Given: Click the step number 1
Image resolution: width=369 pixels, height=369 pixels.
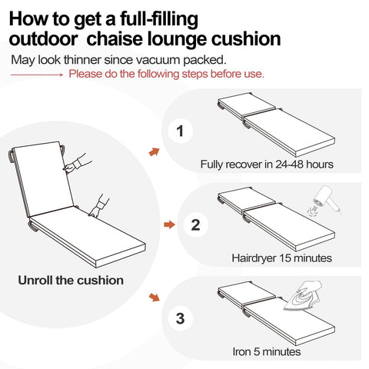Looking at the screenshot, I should pos(180,132).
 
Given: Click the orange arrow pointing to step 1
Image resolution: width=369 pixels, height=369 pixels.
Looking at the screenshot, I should pos(154,152).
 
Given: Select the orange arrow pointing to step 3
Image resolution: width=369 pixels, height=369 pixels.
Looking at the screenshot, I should pos(155,297).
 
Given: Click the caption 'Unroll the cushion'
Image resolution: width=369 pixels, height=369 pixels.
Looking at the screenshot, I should pos(71,280).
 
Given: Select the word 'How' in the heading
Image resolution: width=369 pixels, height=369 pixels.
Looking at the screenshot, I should pos(33,17).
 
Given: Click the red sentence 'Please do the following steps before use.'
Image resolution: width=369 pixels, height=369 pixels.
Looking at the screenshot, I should pos(167,75).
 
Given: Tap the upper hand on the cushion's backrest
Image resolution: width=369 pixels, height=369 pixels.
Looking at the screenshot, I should pos(75,164).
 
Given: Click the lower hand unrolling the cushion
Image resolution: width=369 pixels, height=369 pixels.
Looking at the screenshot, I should pos(98,204).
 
